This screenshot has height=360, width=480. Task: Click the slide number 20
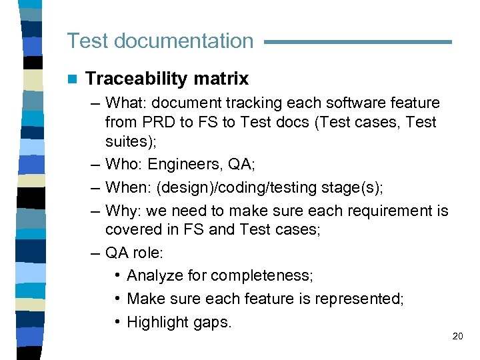tap(457, 337)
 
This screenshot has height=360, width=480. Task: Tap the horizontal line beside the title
tap(358, 42)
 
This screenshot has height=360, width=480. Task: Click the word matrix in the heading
tap(221, 79)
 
